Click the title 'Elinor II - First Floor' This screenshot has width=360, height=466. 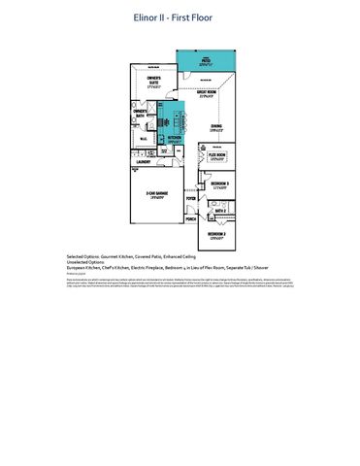pyautogui.click(x=180, y=17)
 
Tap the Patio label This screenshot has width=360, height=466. pyautogui.click(x=206, y=59)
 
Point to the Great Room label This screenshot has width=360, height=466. pyautogui.click(x=205, y=93)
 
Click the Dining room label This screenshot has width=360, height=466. pyautogui.click(x=216, y=126)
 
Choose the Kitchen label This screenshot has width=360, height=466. pyautogui.click(x=175, y=139)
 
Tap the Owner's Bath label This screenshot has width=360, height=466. pyautogui.click(x=142, y=113)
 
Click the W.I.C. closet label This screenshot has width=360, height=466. pyautogui.click(x=143, y=139)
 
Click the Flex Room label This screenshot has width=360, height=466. pyautogui.click(x=216, y=154)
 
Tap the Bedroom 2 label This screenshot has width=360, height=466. pyautogui.click(x=217, y=235)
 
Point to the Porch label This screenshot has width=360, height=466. pyautogui.click(x=191, y=219)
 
